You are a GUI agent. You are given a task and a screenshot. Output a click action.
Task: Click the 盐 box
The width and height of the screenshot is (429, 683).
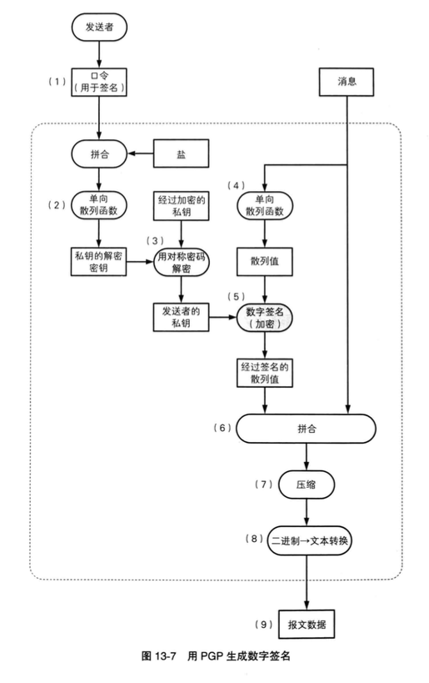click(x=180, y=154)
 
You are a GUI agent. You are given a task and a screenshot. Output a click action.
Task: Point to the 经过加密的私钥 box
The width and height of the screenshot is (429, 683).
click(x=180, y=206)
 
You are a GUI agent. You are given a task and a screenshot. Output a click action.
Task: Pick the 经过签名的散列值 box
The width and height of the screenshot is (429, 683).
click(x=266, y=373)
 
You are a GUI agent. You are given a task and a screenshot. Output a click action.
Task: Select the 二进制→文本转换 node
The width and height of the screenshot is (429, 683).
click(x=309, y=540)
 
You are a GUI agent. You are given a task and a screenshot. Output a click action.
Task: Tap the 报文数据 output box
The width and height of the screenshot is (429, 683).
click(x=309, y=623)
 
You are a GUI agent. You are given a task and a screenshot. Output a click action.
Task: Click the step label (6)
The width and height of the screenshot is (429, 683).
click(x=222, y=428)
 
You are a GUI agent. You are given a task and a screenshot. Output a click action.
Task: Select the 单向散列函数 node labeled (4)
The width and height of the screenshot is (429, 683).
click(x=266, y=206)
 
